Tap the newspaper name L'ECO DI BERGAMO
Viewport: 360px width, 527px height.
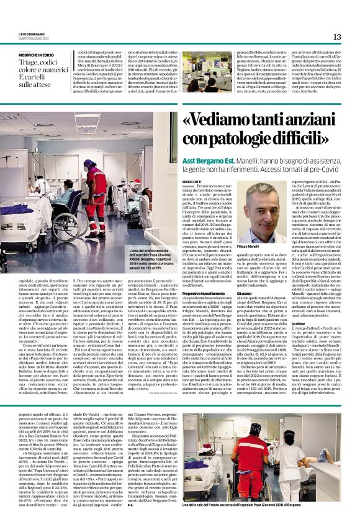(x=37, y=34)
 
